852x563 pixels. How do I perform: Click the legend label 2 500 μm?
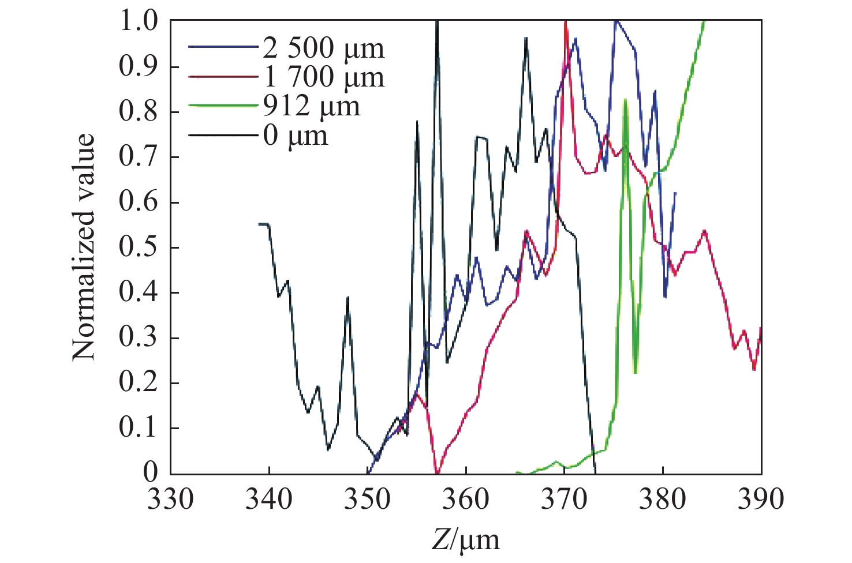point(323,48)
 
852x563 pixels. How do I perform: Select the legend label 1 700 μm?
point(323,77)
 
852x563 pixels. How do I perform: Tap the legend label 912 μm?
point(312,106)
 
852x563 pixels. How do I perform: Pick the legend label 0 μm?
point(296,136)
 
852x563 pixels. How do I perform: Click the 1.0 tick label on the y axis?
point(138,21)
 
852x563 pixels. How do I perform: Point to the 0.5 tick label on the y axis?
point(138,247)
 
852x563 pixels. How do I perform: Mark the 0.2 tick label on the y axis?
point(138,383)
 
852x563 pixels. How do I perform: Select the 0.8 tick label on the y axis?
point(138,112)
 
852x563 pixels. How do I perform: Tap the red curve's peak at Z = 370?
point(565,22)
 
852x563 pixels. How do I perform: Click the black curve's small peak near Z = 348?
point(347,297)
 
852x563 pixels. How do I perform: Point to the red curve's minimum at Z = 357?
point(437,472)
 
